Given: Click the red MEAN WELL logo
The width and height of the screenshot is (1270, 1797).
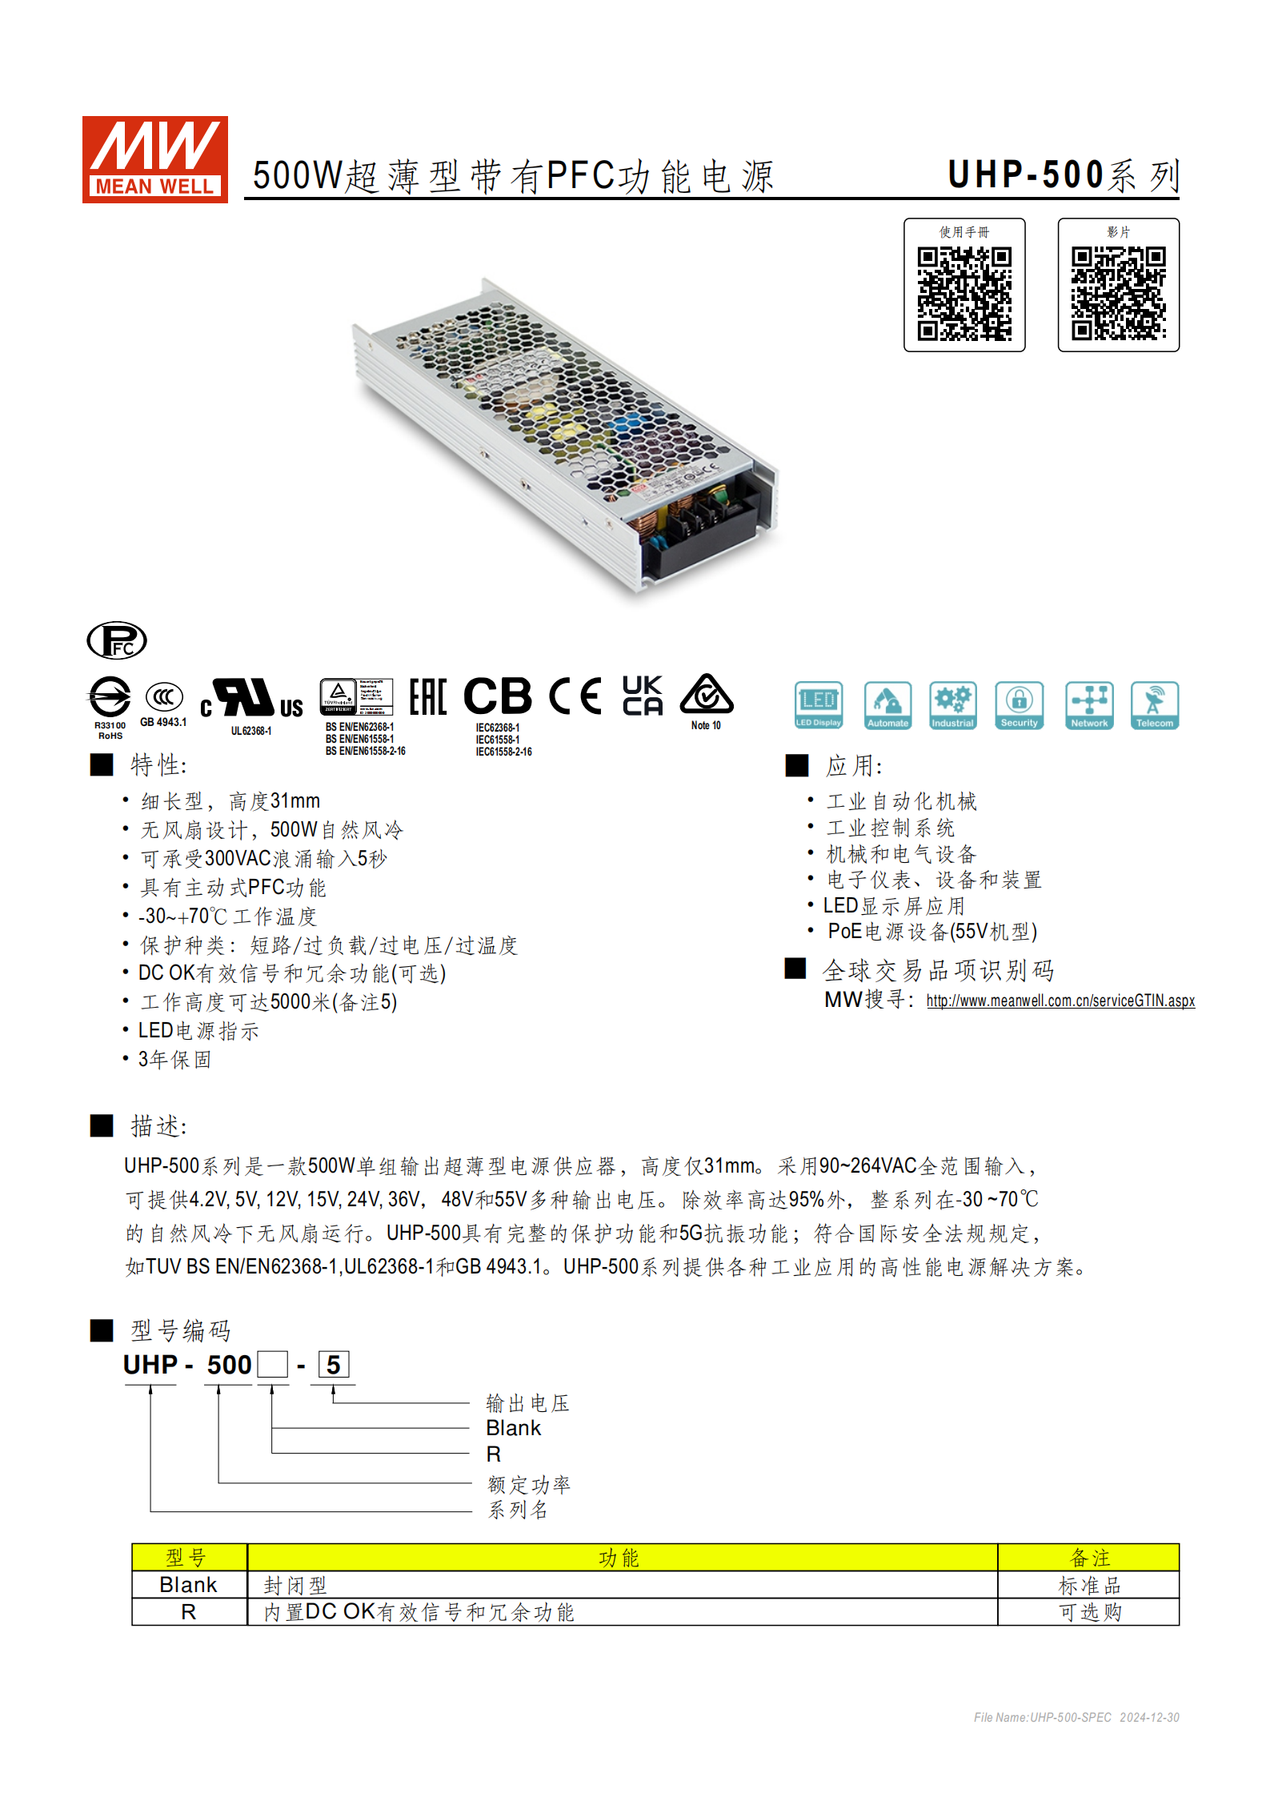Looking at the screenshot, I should [154, 159].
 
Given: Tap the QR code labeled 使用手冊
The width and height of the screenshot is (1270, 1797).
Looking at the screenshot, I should [964, 293].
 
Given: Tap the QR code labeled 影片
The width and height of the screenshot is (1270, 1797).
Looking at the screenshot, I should [1118, 293].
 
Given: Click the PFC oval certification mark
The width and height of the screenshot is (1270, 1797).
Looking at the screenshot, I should [117, 640].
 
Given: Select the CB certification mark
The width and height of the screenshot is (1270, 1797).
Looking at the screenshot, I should [497, 696].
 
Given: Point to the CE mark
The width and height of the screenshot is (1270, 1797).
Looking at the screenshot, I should [575, 696].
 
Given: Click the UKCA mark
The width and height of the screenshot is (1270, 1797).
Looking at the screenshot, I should [643, 695].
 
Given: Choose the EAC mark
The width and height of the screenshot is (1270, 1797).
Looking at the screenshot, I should [427, 696].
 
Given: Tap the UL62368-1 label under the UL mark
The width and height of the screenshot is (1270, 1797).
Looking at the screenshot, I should [251, 731].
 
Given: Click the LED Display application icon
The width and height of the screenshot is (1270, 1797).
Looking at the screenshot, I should [818, 705].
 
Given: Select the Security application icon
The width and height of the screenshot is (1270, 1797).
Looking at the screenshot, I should [1019, 705].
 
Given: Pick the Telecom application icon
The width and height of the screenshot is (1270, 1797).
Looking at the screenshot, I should [1154, 705].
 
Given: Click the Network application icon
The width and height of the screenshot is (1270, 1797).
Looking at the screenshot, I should [1089, 705].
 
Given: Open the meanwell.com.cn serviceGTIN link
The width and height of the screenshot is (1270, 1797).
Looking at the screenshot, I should [1060, 1001].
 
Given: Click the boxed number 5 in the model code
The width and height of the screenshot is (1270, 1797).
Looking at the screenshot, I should [334, 1365].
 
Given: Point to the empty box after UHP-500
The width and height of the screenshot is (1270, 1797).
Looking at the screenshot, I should [272, 1365].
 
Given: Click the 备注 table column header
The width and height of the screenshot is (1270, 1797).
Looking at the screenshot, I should [1088, 1558].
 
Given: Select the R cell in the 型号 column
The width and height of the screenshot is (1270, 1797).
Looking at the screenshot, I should [189, 1612].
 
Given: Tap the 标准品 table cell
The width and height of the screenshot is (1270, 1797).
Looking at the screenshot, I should [1088, 1586].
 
